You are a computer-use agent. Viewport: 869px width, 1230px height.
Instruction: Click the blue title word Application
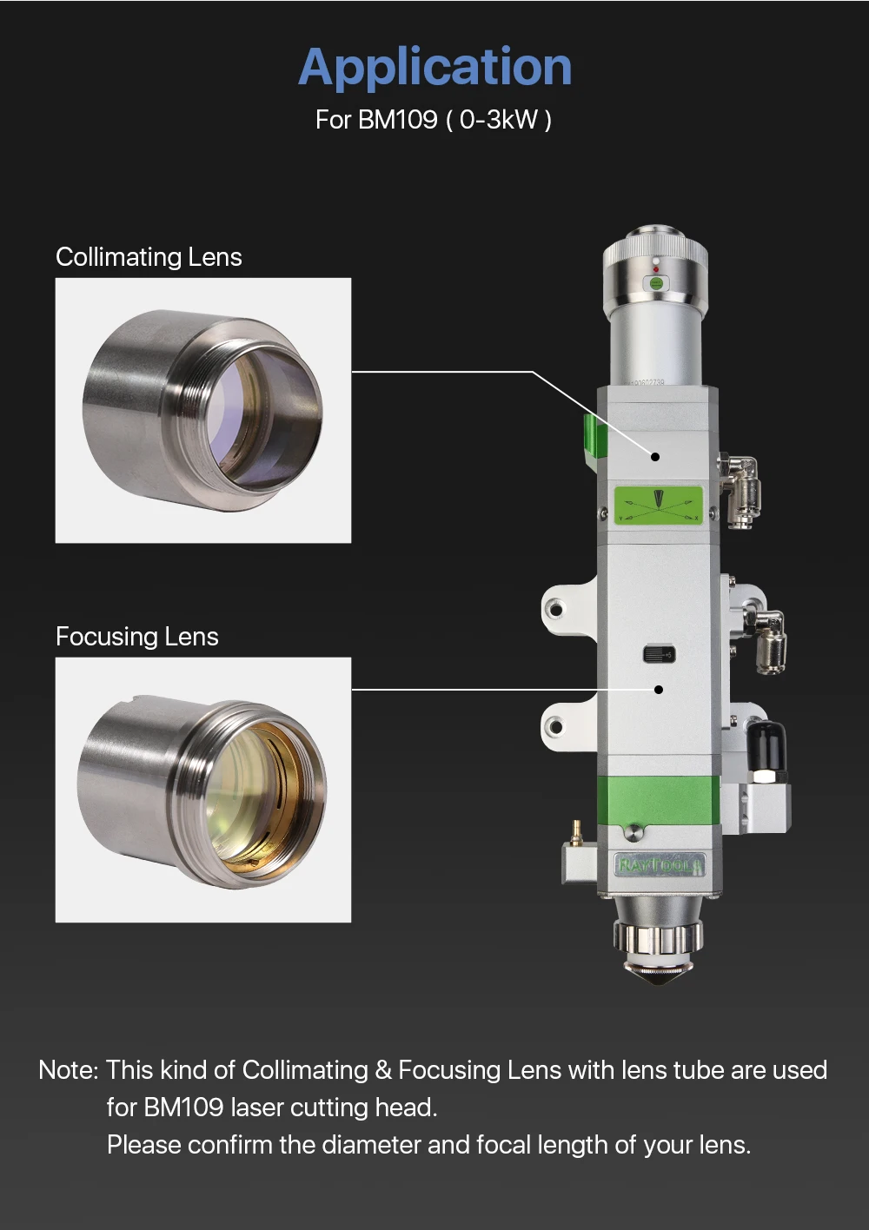[434, 68]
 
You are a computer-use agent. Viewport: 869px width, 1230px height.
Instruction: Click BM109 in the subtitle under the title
[398, 120]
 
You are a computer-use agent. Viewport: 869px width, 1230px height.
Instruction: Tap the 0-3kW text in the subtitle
[499, 120]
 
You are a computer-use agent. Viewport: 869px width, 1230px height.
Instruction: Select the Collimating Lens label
[149, 257]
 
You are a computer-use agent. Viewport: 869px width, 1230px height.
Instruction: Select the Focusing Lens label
[137, 637]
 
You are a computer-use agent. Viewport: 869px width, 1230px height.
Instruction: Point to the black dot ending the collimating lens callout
[654, 457]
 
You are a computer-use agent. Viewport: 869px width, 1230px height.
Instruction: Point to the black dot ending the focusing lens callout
[659, 690]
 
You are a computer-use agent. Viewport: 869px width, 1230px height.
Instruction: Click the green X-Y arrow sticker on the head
[658, 506]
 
